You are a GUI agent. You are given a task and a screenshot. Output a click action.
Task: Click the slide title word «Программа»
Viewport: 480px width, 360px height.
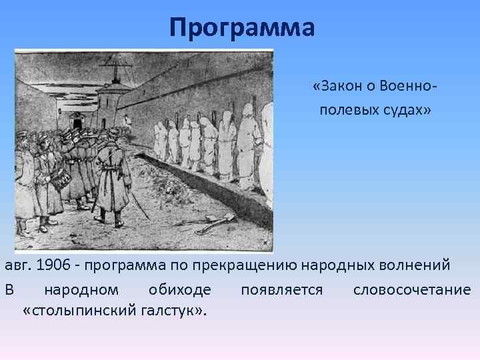tap(241, 28)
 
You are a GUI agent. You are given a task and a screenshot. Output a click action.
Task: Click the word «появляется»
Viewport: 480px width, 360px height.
tap(282, 289)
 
